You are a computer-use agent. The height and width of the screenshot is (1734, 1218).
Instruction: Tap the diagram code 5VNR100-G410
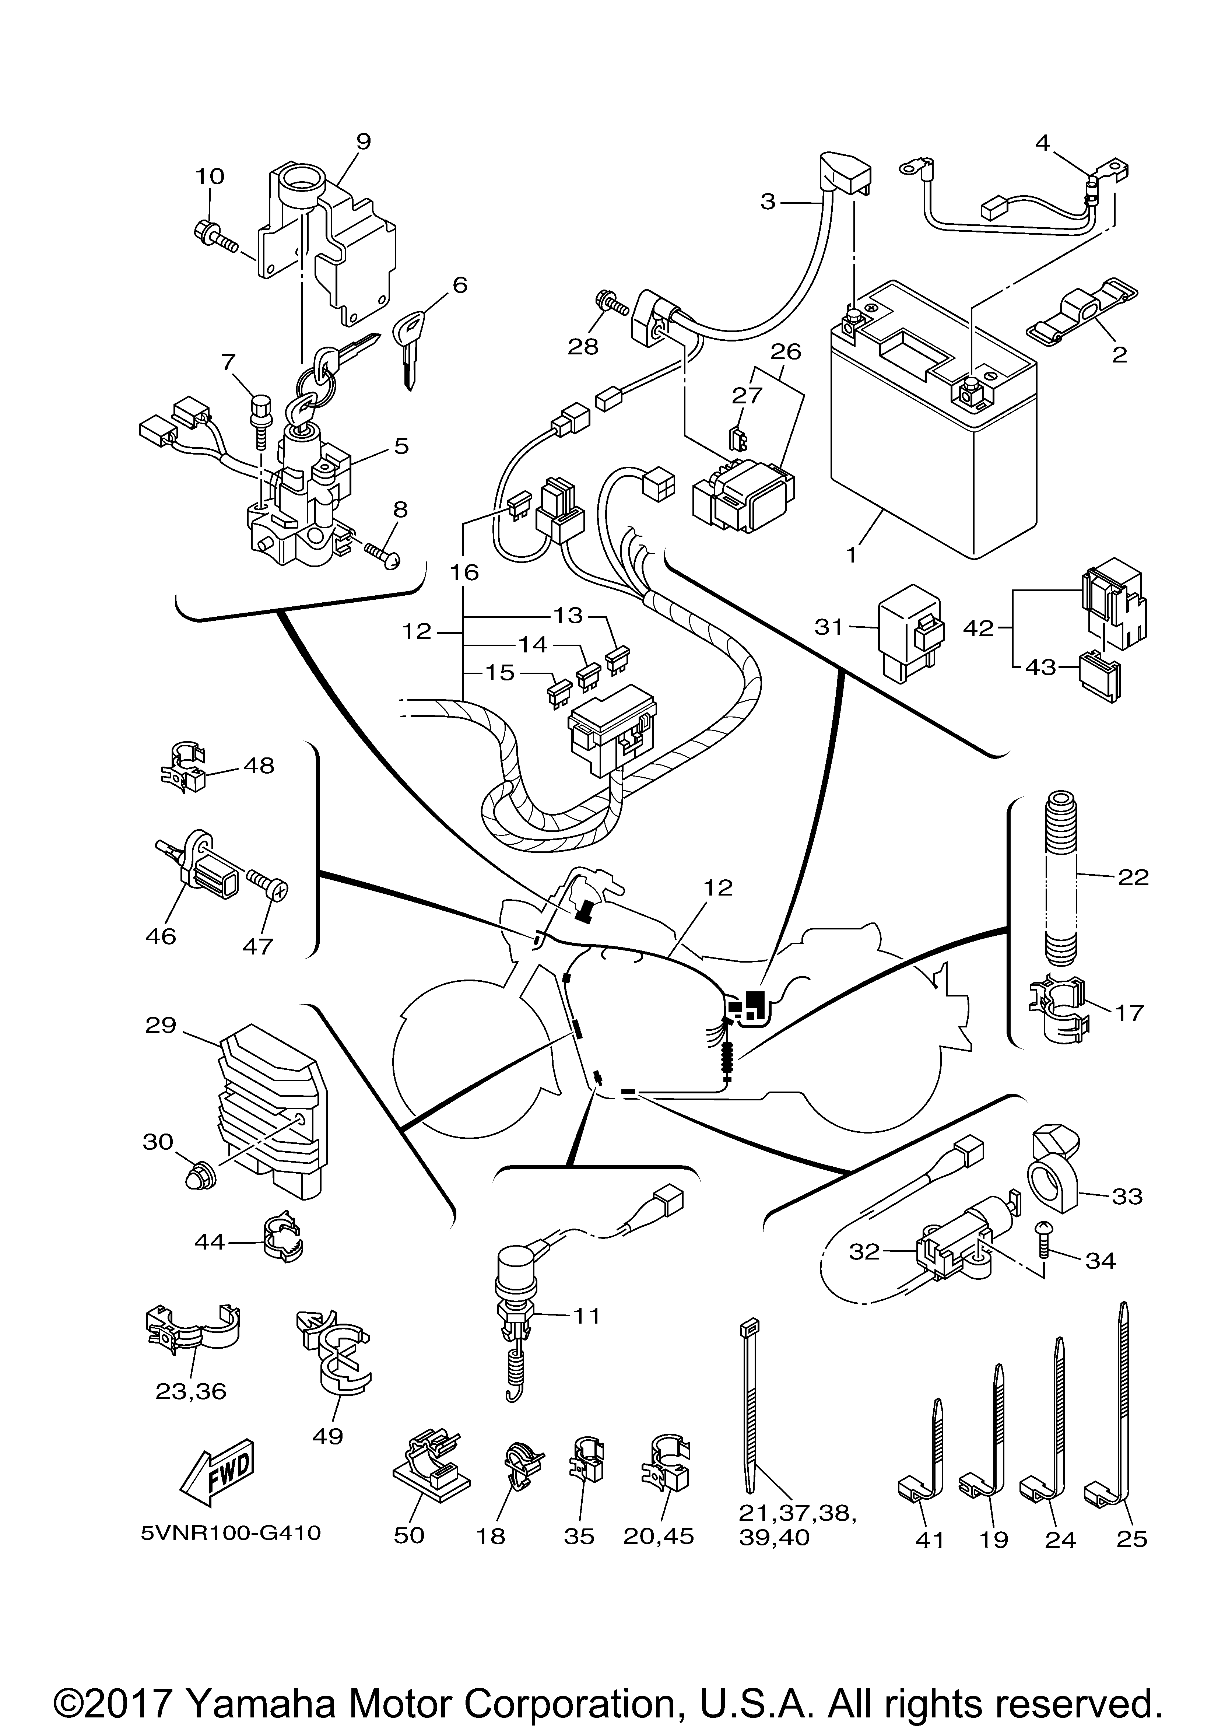click(230, 1533)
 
